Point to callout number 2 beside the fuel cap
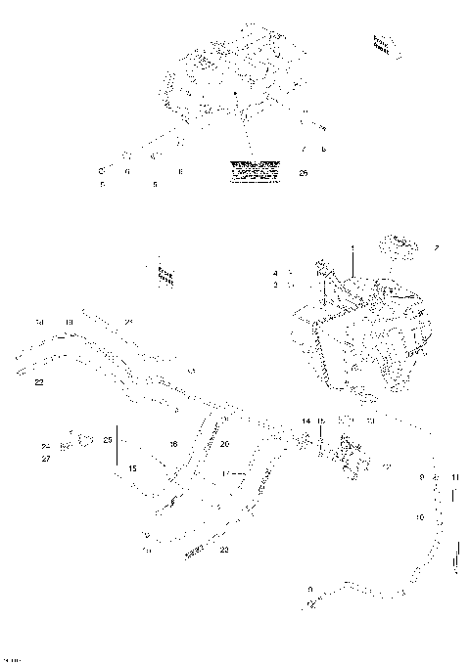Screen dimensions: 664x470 pyautogui.click(x=437, y=248)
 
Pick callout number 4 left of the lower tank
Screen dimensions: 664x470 pyautogui.click(x=276, y=273)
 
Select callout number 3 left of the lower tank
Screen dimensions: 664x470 pyautogui.click(x=276, y=285)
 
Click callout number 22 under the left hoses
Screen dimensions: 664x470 pyautogui.click(x=38, y=382)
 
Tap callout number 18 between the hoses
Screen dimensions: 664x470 pyautogui.click(x=173, y=444)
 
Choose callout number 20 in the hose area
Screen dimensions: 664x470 pyautogui.click(x=224, y=444)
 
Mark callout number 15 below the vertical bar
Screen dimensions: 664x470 pyautogui.click(x=131, y=469)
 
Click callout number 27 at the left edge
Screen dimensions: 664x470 pyautogui.click(x=46, y=458)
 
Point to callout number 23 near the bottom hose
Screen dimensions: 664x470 pyautogui.click(x=224, y=551)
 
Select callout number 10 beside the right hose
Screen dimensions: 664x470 pyautogui.click(x=420, y=515)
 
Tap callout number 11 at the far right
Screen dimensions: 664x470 pyautogui.click(x=454, y=476)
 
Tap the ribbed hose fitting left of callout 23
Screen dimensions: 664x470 pyautogui.click(x=195, y=552)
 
